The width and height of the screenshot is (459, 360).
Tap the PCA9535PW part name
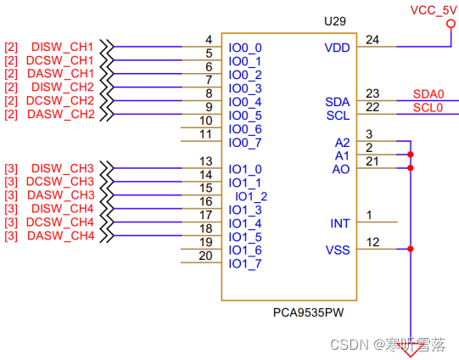309,312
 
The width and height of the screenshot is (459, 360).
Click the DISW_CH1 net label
63,47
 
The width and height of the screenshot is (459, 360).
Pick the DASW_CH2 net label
63,115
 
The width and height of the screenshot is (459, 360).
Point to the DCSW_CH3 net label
63,182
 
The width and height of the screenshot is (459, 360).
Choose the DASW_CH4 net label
63,236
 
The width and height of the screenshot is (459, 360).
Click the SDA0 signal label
428,94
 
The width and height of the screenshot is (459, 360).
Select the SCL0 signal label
428,108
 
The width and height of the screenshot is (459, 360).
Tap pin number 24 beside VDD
372,39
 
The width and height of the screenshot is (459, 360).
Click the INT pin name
339,223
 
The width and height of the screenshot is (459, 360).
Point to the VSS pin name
338,250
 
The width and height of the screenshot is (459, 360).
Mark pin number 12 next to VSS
372,243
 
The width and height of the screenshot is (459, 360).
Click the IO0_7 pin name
245,142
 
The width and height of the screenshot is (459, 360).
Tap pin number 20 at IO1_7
205,256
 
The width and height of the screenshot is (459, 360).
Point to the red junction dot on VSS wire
411,250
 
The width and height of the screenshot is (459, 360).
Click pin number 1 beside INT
369,215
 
